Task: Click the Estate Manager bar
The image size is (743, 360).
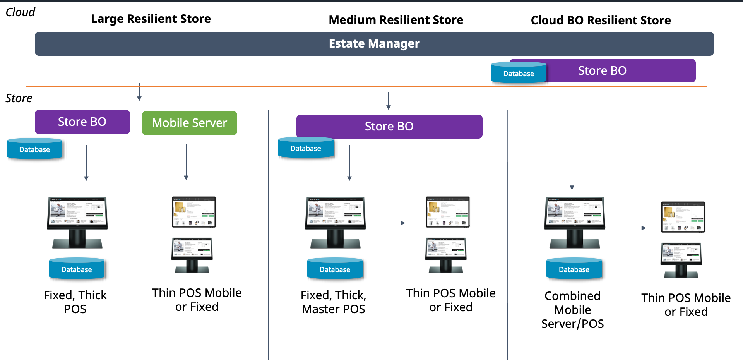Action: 374,44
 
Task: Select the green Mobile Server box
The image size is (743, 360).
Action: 189,123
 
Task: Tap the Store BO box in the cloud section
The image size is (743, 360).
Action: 619,70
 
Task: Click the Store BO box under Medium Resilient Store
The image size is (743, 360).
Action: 389,127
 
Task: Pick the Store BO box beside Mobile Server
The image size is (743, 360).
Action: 82,122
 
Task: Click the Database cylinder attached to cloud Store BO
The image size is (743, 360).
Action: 518,73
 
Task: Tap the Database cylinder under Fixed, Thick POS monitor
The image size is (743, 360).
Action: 77,269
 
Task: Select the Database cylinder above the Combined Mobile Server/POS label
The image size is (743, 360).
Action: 574,269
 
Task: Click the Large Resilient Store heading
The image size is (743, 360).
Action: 151,19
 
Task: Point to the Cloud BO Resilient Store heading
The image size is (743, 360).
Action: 601,20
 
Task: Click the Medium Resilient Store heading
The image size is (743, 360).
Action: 395,20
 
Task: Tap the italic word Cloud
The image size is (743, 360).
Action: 20,12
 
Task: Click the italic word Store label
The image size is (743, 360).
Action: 19,98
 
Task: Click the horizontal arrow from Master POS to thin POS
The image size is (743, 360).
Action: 395,223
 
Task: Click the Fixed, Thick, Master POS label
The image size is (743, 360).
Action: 333,302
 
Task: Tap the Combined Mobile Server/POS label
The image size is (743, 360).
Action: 572,310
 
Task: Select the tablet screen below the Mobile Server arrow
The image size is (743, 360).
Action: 193,212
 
